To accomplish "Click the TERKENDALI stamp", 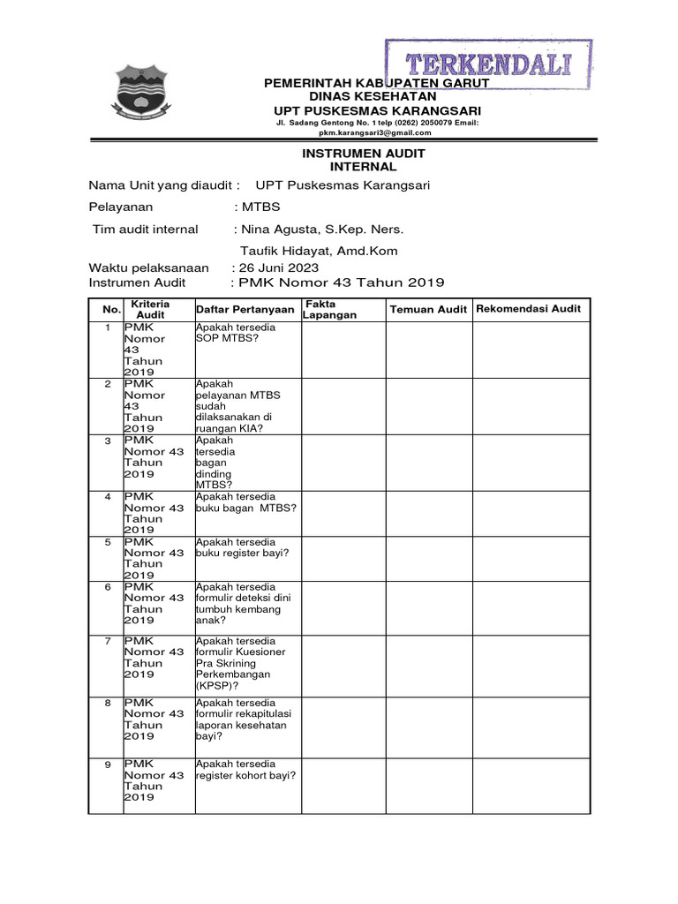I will coord(488,64).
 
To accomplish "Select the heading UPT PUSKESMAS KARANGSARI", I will coord(377,109).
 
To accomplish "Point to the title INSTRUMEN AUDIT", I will coord(376,153).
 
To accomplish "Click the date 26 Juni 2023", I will coord(279,268).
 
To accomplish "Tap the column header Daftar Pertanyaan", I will coord(245,309).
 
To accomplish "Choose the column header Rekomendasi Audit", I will coord(529,308).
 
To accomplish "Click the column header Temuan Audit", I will coord(428,309).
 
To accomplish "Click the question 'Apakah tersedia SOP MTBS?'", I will coord(236,333).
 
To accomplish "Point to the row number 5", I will coord(108,542).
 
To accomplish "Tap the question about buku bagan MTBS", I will coord(245,502).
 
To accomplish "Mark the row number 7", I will coord(108,641).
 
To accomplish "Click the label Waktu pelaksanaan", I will coord(149,268).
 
